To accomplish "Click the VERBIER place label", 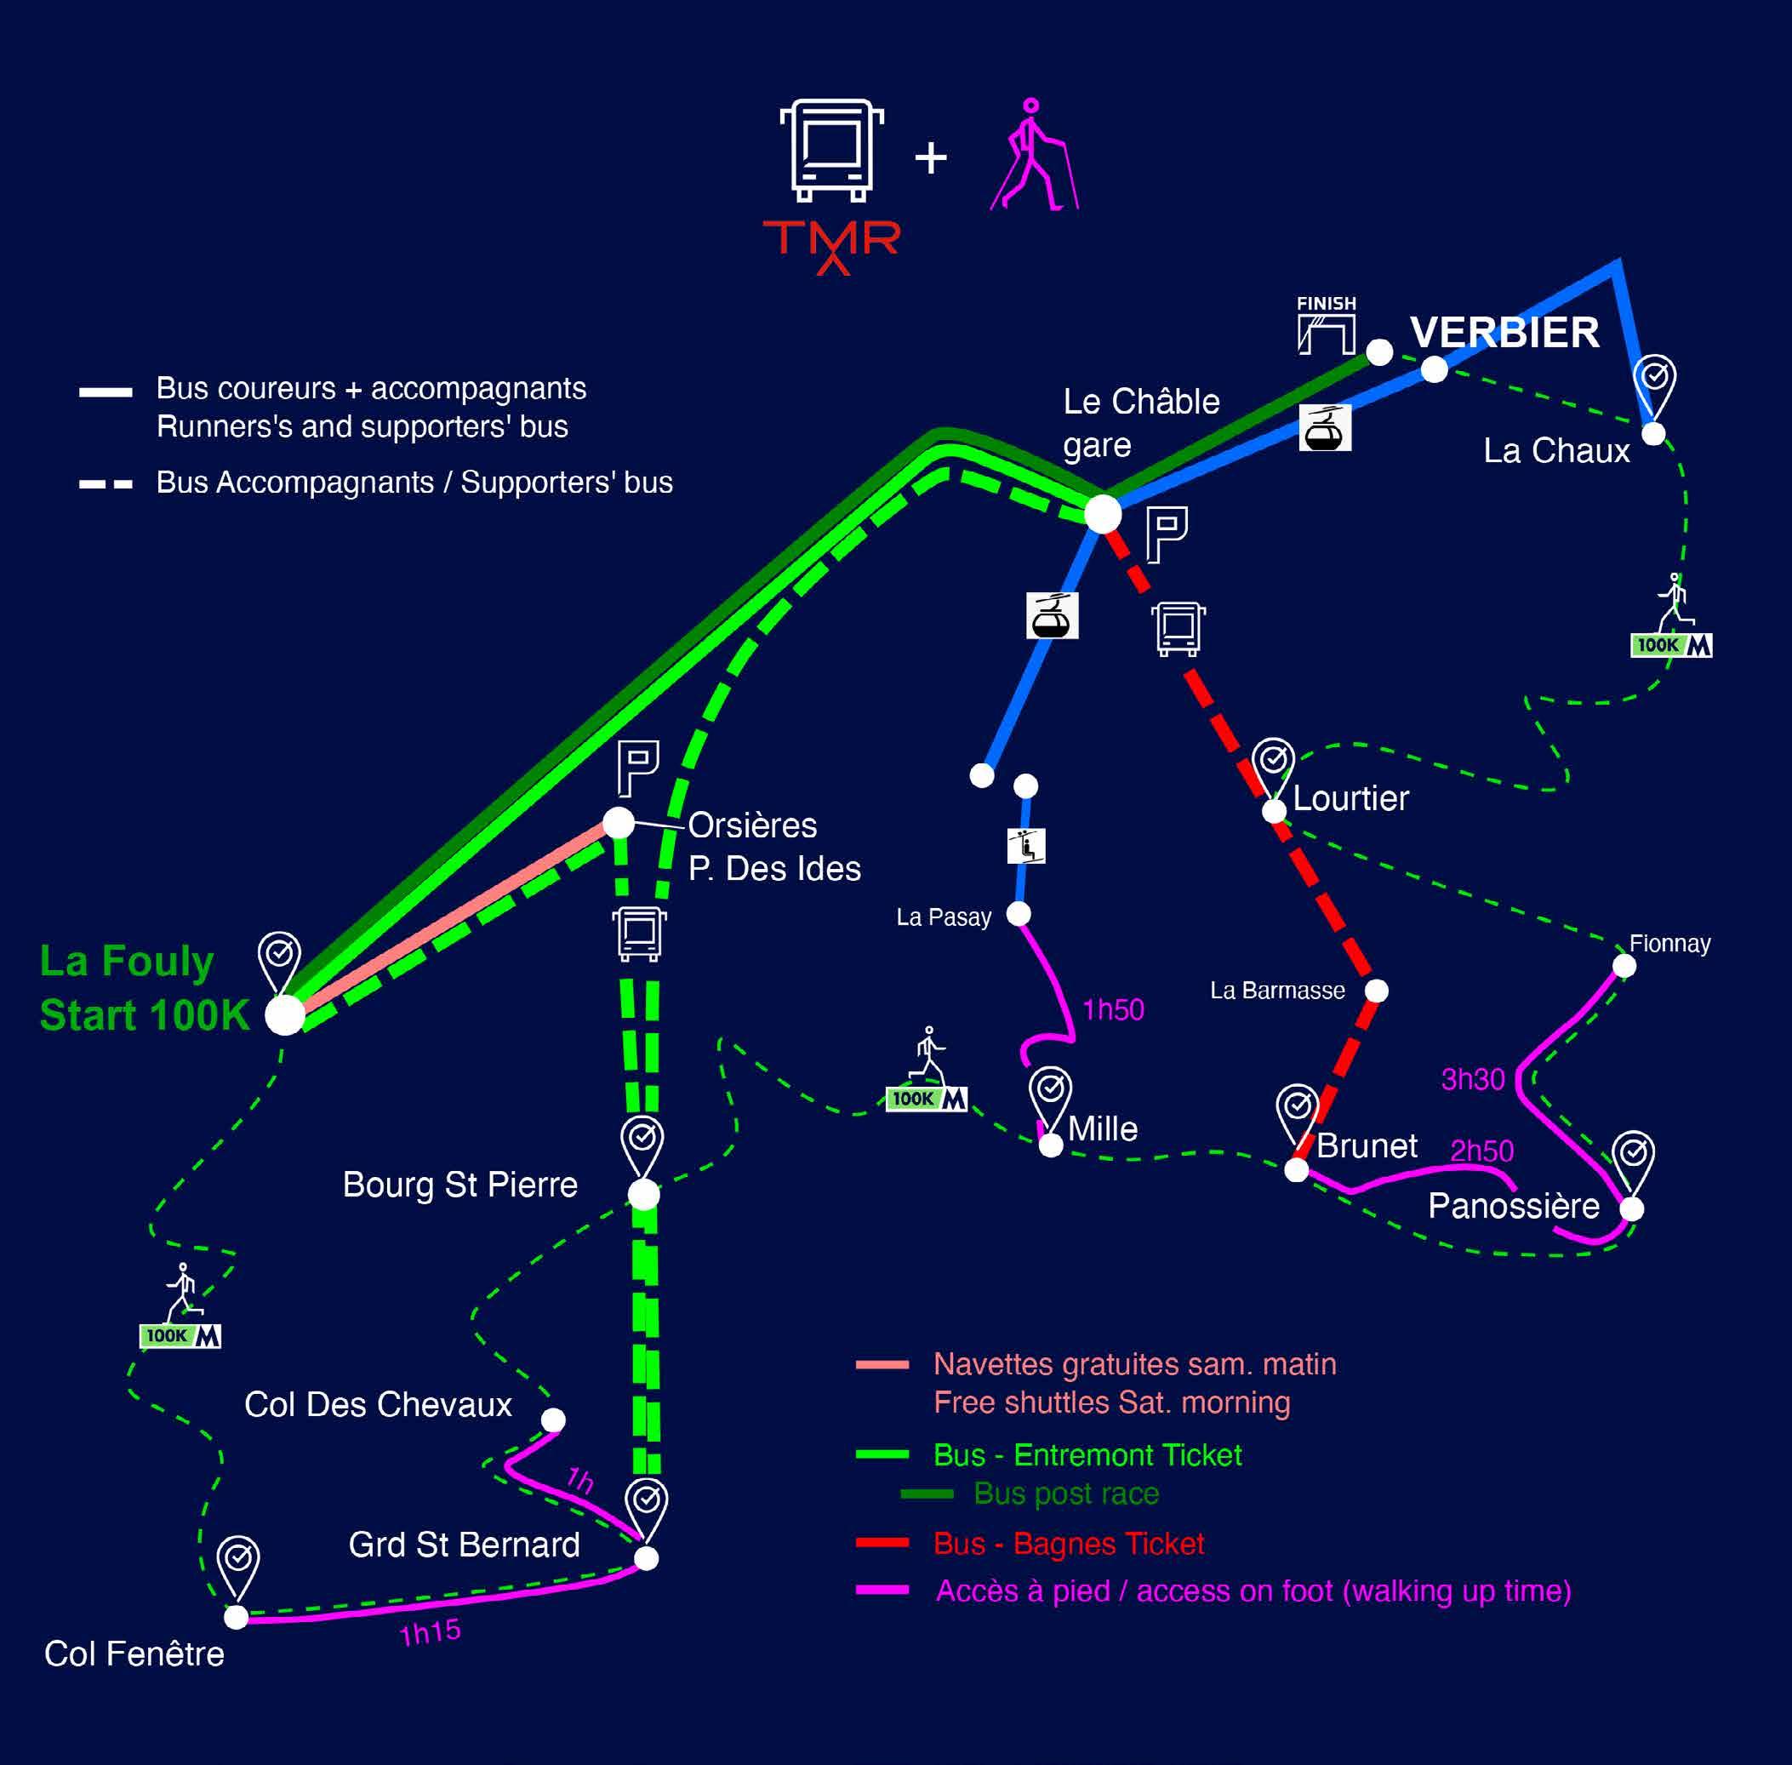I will [1504, 333].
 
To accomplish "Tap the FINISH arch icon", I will [1326, 326].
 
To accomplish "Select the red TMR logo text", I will [831, 243].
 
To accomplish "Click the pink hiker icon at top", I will [1035, 155].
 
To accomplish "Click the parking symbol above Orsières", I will [638, 768].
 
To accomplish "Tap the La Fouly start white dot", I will [284, 1015].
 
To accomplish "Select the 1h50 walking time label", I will [1112, 1009].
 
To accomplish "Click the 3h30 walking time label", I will [1472, 1079].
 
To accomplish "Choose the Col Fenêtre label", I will [134, 1654].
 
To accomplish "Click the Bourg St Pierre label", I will [459, 1185].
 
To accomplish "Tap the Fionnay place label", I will [1669, 944].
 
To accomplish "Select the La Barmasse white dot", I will [1377, 991].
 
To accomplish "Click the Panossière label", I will [1513, 1206].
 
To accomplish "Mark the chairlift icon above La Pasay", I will [1026, 845].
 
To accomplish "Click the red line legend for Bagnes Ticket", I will [882, 1543].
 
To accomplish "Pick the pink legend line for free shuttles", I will [882, 1363].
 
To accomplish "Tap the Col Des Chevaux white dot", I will [553, 1420].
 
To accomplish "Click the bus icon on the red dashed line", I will [1178, 629].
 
